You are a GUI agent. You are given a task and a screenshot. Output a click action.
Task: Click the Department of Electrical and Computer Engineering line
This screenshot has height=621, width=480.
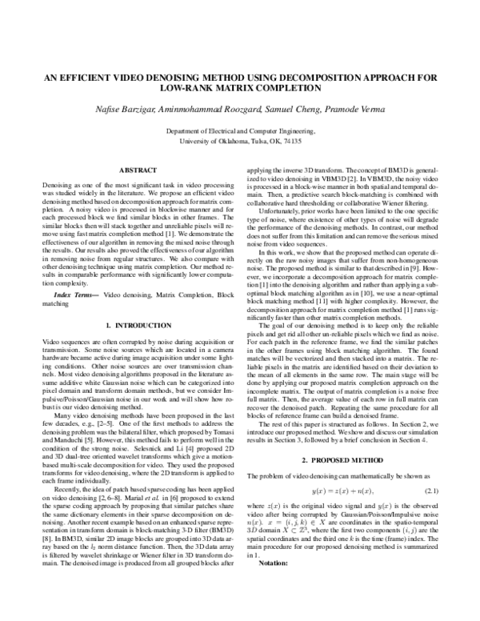pos(240,130)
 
